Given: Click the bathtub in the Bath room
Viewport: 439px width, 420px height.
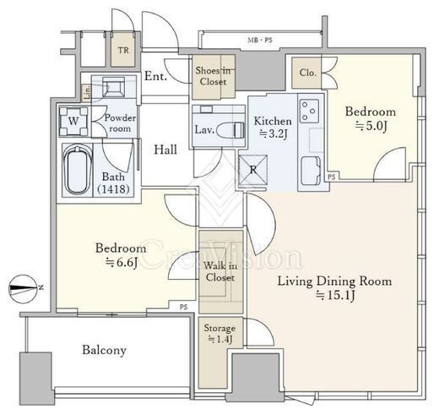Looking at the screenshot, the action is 78,170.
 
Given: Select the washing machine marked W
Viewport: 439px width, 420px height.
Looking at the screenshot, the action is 73,122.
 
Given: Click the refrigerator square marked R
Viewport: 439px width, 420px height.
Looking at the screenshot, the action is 252,170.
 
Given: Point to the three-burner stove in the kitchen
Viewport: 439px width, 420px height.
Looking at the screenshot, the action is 309,111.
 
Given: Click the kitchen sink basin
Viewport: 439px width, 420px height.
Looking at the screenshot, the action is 311,170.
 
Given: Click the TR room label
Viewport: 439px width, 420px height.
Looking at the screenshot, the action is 123,51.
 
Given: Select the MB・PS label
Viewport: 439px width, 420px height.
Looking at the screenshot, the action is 260,41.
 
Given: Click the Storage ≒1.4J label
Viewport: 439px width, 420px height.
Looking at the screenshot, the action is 219,334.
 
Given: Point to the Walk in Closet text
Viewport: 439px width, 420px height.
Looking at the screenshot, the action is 220,271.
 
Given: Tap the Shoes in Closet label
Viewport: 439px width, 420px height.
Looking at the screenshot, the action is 213,76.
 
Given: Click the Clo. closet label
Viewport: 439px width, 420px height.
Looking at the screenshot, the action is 307,73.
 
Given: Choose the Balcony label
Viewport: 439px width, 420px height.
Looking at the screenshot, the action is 105,351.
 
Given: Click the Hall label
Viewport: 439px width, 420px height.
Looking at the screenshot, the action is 165,150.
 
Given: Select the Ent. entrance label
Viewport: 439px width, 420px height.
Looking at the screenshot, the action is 155,76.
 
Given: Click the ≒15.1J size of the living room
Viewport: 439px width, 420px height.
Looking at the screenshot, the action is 335,295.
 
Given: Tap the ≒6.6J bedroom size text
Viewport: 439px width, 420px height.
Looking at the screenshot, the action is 122,262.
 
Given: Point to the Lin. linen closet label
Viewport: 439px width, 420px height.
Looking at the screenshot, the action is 87,93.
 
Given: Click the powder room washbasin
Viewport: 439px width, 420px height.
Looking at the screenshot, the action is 114,87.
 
